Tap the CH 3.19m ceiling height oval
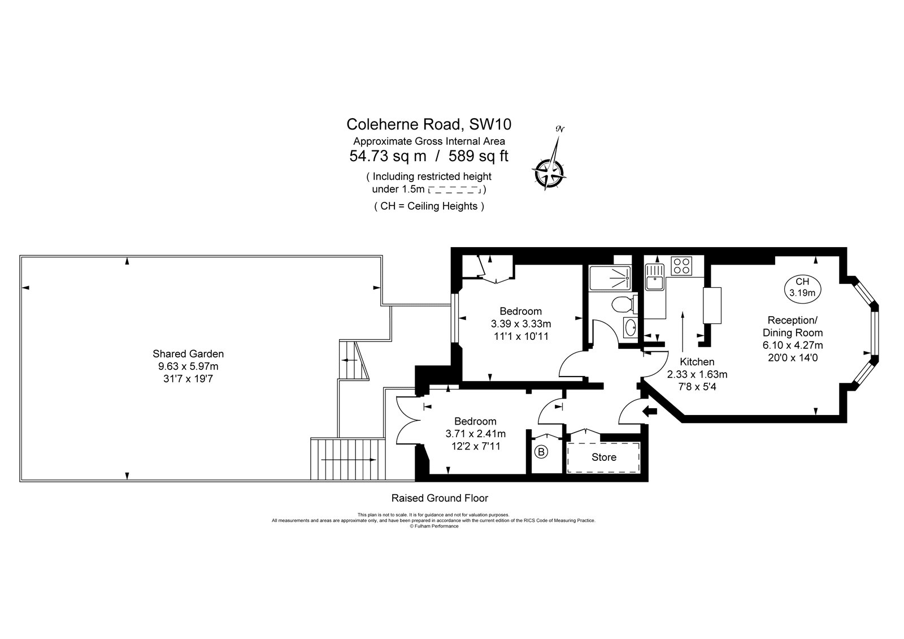[x=802, y=287]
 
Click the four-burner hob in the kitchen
[x=680, y=266]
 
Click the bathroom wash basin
[x=630, y=327]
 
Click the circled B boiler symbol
[x=541, y=452]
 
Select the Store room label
[x=603, y=457]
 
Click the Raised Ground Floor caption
[x=440, y=498]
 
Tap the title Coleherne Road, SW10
[x=429, y=124]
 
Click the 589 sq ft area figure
[x=478, y=156]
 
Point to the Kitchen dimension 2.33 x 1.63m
[x=697, y=374]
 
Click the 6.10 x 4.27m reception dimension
[x=793, y=345]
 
